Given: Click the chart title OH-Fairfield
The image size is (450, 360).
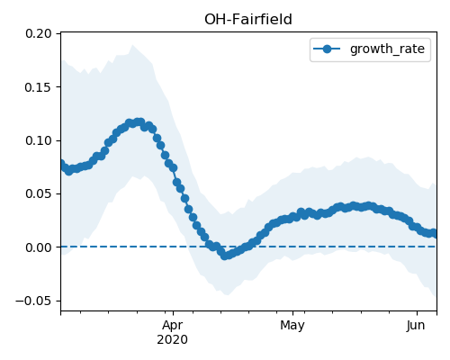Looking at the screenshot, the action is pyautogui.click(x=248, y=20).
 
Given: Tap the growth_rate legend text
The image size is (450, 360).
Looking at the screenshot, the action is pyautogui.click(x=387, y=49).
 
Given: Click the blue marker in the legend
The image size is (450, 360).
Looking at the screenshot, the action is pyautogui.click(x=327, y=49).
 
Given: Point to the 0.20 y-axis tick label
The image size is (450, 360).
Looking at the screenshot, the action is pyautogui.click(x=39, y=33).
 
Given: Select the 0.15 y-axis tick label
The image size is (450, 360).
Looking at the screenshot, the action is pyautogui.click(x=39, y=87).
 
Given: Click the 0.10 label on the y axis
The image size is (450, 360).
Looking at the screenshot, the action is pyautogui.click(x=39, y=140).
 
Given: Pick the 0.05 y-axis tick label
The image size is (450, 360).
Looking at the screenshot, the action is pyautogui.click(x=39, y=194).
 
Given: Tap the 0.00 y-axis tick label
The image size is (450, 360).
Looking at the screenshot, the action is pyautogui.click(x=39, y=247).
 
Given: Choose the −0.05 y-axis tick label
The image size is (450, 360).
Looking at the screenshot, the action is pyautogui.click(x=33, y=301).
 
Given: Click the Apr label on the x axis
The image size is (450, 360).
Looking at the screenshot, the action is pyautogui.click(x=173, y=326).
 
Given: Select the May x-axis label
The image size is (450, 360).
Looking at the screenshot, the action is pyautogui.click(x=292, y=326).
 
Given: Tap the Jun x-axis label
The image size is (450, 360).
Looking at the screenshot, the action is pyautogui.click(x=416, y=326).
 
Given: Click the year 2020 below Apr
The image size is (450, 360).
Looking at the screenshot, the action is pyautogui.click(x=173, y=340).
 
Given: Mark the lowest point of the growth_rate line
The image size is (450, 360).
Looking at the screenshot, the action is pyautogui.click(x=224, y=256).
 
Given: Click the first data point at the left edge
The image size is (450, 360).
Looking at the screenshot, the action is pyautogui.click(x=61, y=164).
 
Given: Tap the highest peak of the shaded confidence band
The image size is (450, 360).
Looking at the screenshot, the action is pyautogui.click(x=132, y=45).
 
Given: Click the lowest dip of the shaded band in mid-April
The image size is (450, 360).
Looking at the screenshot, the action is pyautogui.click(x=227, y=294).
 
